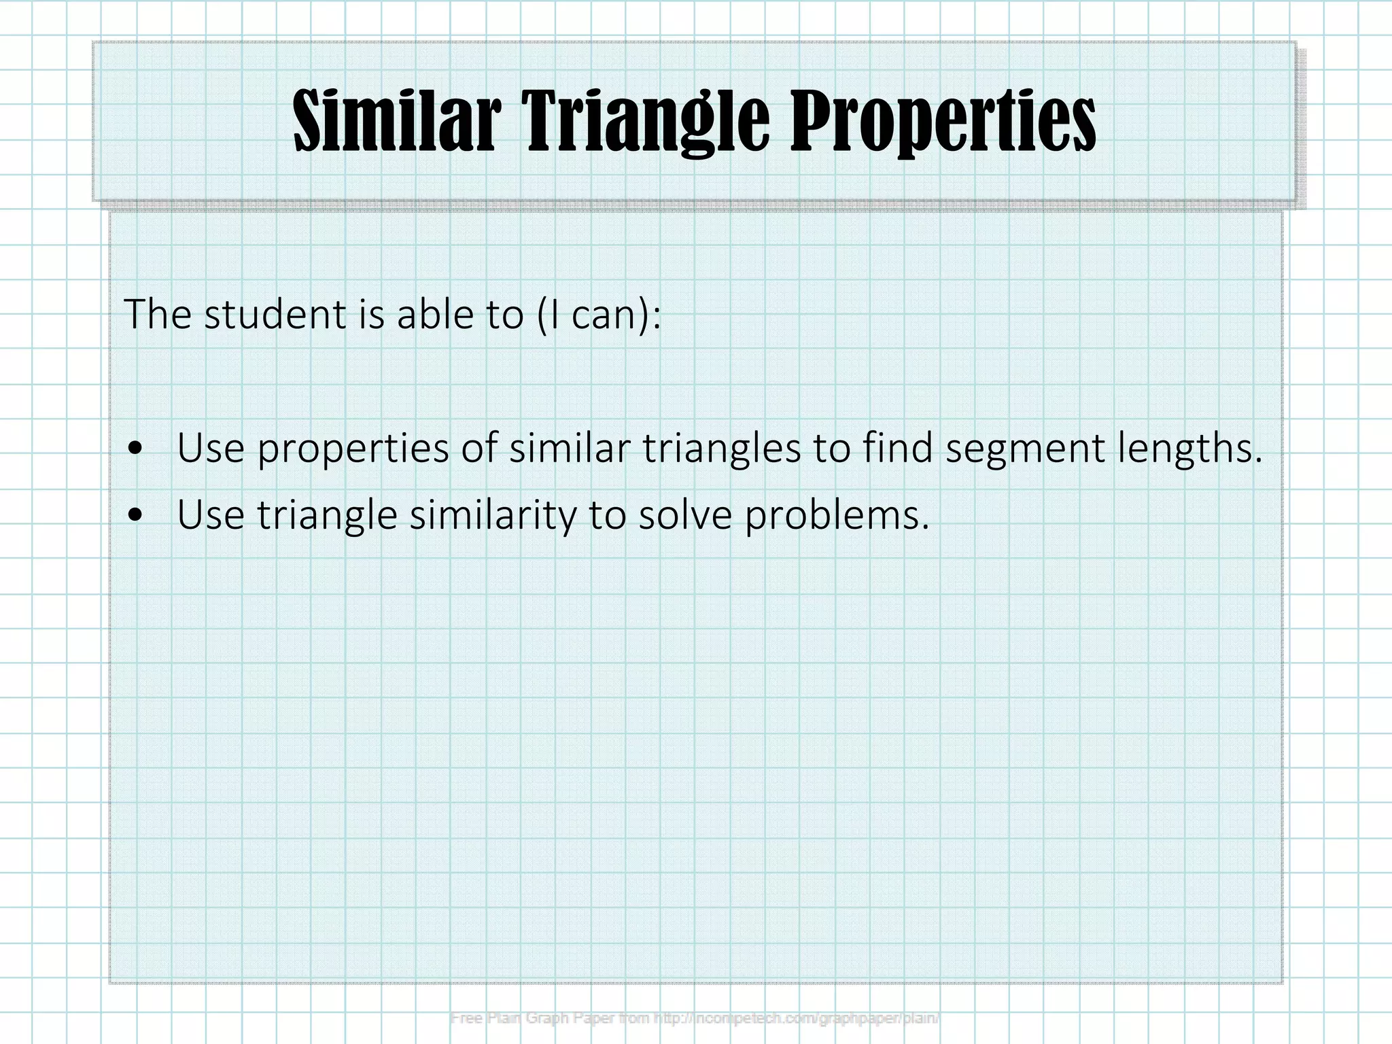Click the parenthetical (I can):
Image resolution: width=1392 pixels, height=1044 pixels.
(x=598, y=314)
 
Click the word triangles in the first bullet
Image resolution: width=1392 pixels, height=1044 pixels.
(x=721, y=449)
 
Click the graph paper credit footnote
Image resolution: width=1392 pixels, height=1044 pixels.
(x=695, y=1018)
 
